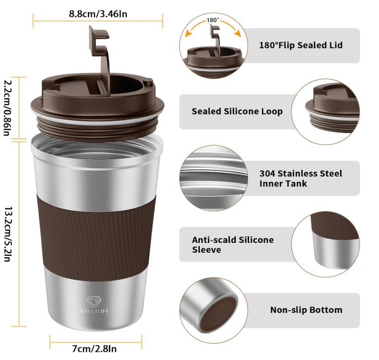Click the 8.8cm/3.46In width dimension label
[98, 13]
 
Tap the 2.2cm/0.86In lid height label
[8, 107]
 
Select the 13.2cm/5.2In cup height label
[8, 234]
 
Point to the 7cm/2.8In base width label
[94, 349]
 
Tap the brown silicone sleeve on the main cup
[96, 233]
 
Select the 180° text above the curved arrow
[213, 20]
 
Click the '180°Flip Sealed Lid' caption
[300, 45]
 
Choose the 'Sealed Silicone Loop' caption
[237, 111]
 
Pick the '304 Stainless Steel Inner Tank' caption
[300, 178]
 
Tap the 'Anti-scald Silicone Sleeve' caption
[233, 244]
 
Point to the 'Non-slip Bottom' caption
[306, 310]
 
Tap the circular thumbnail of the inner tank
[212, 178]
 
